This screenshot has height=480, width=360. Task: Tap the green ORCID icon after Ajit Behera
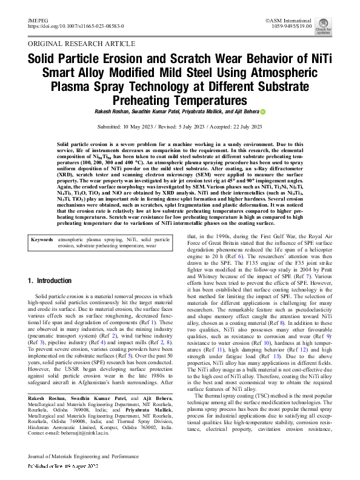pyautogui.click(x=263, y=112)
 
